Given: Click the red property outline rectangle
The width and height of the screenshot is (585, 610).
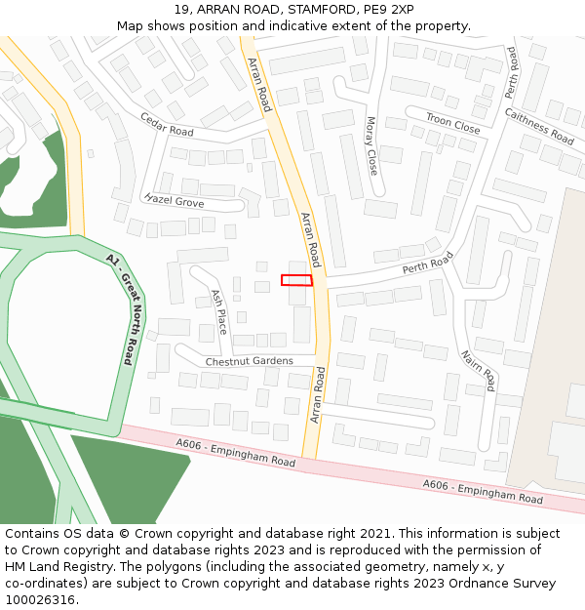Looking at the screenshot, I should coord(296,280).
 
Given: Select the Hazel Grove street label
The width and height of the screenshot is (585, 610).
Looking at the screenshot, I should coord(174,201).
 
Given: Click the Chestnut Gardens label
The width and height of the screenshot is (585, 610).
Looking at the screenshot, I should coord(249,361).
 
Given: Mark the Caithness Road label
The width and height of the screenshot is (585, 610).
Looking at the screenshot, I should coord(539,127).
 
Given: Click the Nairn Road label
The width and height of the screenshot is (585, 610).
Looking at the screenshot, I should coord(479,371).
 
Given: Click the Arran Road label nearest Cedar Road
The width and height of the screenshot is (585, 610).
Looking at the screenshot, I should coord(259,84).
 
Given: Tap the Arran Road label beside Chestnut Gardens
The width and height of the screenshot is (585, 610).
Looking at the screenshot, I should coord(317,394).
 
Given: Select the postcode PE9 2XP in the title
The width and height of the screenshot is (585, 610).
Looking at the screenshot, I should coord(387,10).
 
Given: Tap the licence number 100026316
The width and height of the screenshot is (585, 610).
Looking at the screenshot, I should coord(40,600).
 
